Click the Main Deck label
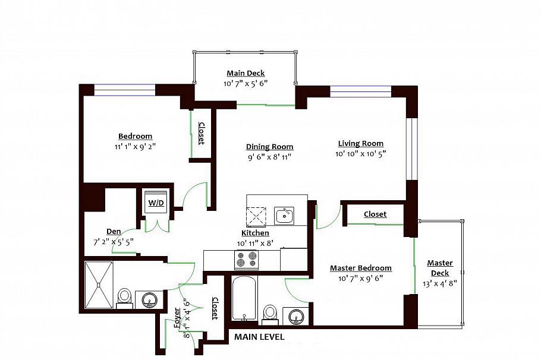246,73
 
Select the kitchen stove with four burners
247,260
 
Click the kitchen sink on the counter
284,215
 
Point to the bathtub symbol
244,298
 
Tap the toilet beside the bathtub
269,313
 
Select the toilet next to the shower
125,296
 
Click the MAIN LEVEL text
259,337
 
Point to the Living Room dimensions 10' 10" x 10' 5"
361,154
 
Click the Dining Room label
269,147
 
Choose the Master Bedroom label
361,268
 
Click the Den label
114,231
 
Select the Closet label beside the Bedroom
201,134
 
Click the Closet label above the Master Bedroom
375,214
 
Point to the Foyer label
177,318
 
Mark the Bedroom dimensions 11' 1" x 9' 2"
135,146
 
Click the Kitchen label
255,233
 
